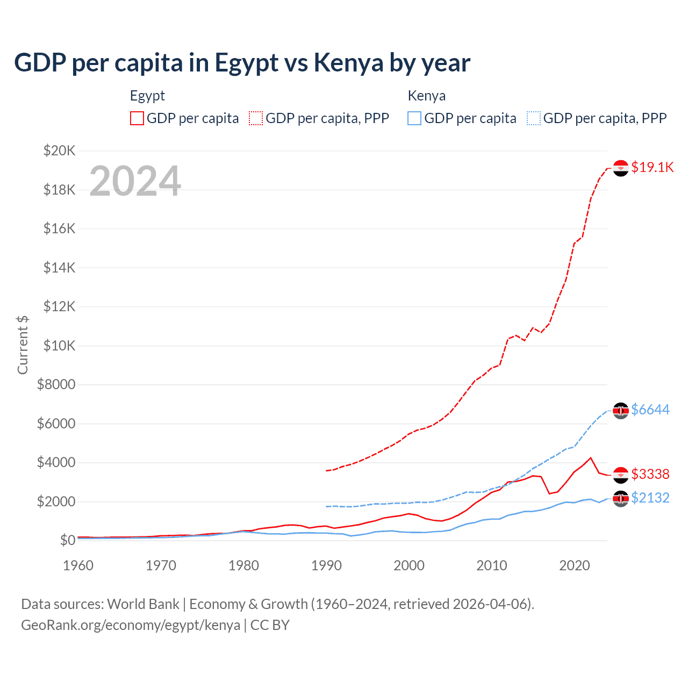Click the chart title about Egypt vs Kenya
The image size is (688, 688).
click(242, 63)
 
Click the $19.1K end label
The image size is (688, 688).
click(652, 167)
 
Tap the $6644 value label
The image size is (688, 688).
click(650, 410)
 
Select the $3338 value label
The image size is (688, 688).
click(650, 474)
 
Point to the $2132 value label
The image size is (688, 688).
click(650, 498)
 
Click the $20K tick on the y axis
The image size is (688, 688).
click(59, 150)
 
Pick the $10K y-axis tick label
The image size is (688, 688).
click(59, 346)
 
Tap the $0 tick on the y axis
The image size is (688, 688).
click(67, 540)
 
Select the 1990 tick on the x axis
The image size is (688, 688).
click(326, 565)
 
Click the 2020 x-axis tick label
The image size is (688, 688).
click(575, 565)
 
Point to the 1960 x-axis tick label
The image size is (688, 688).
click(78, 565)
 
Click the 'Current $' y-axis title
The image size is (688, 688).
click(23, 345)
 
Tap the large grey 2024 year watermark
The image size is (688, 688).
click(135, 181)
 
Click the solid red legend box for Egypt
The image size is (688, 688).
click(137, 118)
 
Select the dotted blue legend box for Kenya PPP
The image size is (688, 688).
click(534, 118)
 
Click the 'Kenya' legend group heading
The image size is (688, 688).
click(426, 96)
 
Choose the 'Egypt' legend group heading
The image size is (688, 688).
click(147, 96)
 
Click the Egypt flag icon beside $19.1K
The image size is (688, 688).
click(621, 168)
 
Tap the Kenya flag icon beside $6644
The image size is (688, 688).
click(621, 411)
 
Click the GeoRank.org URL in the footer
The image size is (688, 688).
click(131, 625)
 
